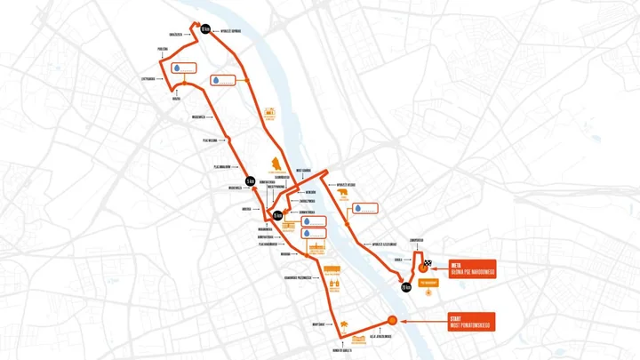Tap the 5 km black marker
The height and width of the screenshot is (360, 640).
point(251,180)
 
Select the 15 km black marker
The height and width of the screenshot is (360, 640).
point(277,215)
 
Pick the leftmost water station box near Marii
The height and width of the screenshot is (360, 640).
point(187,68)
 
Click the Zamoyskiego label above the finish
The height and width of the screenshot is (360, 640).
point(422,240)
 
